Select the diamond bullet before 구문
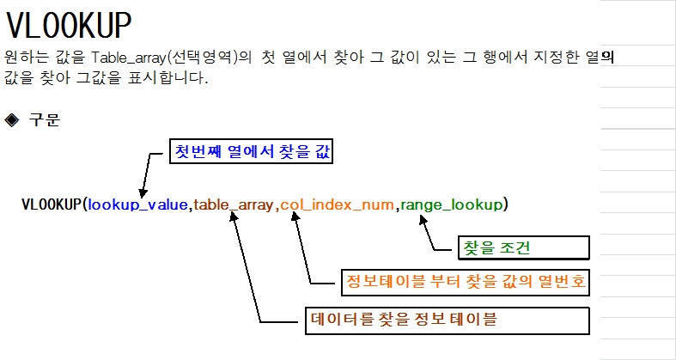[12, 119]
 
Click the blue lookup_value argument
[138, 204]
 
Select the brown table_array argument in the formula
[234, 204]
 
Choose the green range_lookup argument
[453, 204]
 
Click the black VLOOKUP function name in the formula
[51, 204]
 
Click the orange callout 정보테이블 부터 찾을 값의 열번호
[464, 282]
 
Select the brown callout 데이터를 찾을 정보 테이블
[447, 320]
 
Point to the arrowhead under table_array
[233, 217]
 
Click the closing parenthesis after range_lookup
[507, 204]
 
